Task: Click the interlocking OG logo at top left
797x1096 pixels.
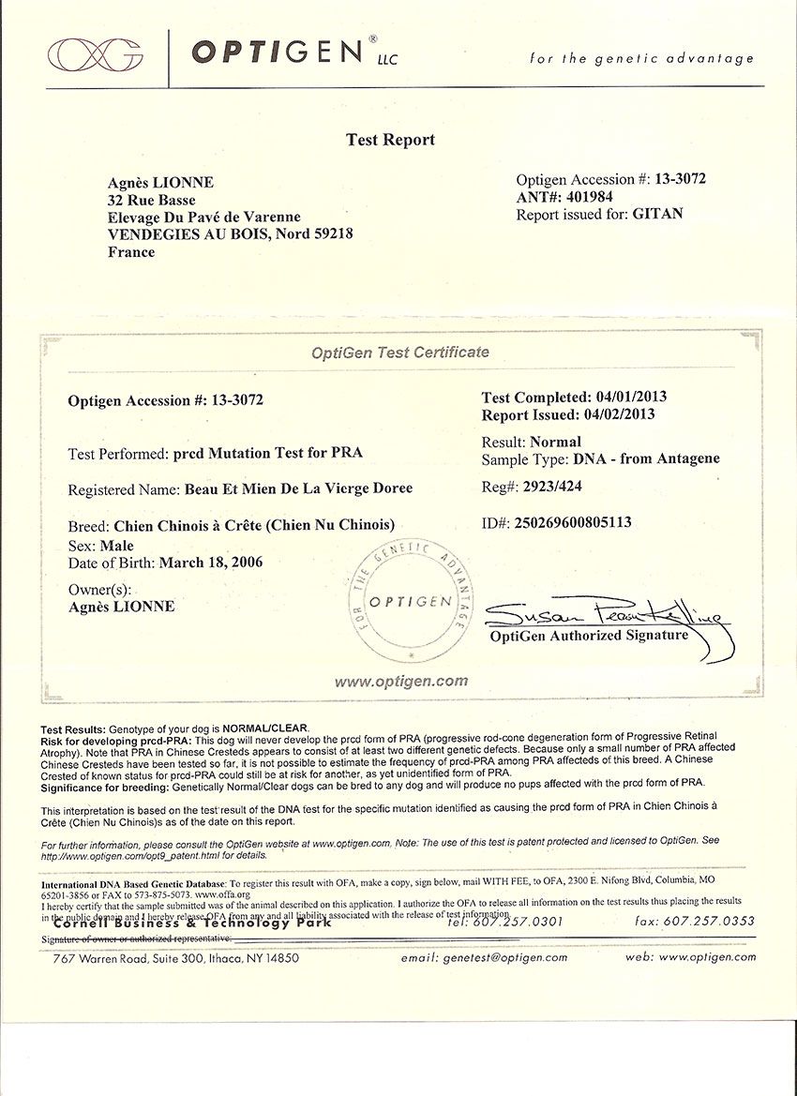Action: (96, 54)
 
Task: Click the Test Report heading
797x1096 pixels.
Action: (390, 140)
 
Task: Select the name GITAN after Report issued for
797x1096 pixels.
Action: (659, 214)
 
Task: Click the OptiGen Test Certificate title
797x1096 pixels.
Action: (400, 353)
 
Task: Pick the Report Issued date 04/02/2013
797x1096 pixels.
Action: (618, 414)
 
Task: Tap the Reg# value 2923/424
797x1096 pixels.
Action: (554, 486)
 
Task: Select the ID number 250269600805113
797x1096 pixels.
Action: (572, 521)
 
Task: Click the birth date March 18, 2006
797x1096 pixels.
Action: (211, 563)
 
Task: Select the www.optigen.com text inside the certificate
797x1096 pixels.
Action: (400, 682)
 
